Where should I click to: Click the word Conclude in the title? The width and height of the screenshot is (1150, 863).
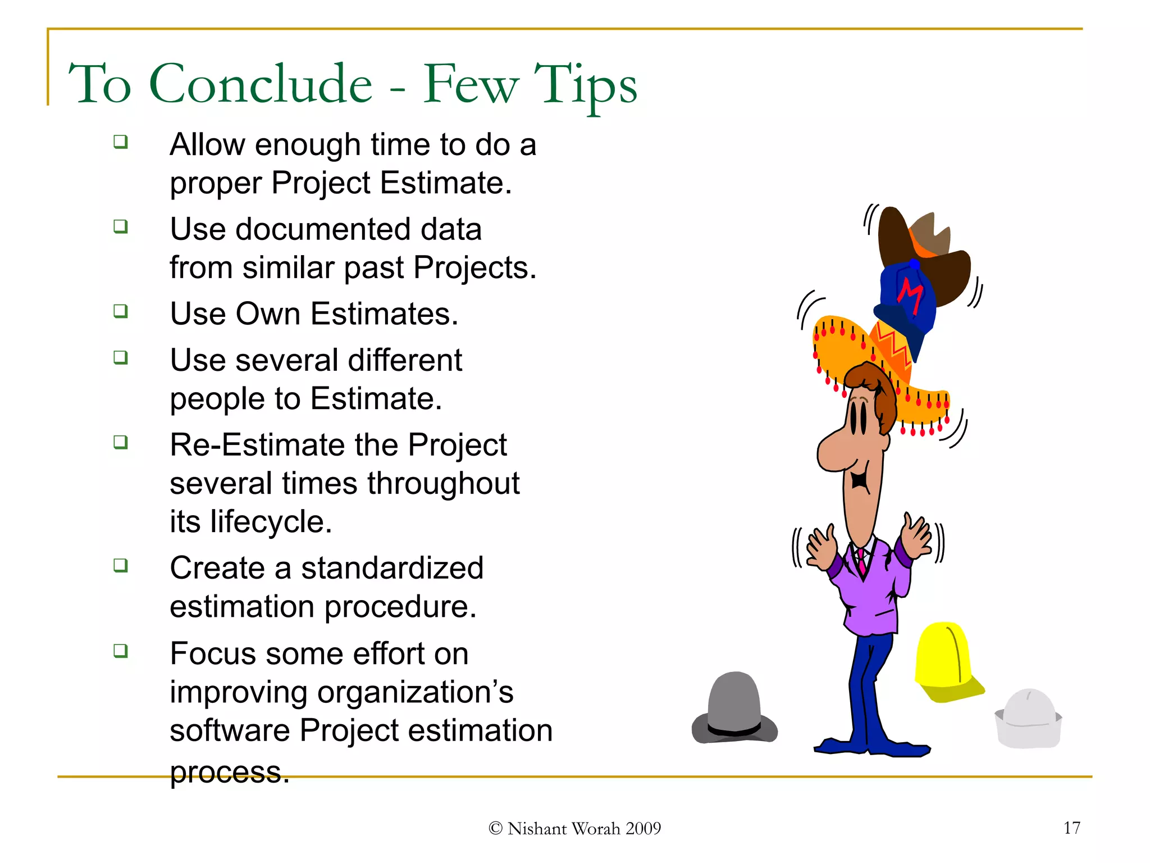point(261,84)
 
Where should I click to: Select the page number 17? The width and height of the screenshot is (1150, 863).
point(1071,828)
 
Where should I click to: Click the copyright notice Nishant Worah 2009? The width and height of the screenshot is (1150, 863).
point(575,829)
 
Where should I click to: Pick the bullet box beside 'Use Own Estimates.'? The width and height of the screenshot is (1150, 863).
point(120,311)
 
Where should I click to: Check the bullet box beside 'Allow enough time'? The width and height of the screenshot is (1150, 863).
point(120,142)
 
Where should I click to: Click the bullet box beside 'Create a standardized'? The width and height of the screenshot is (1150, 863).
point(120,565)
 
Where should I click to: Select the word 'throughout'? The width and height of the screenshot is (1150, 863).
point(443,483)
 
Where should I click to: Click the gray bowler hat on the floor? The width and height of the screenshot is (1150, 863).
point(734,709)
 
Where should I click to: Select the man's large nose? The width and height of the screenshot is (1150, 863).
point(835,449)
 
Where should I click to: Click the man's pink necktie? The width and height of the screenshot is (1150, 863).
point(861,562)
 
